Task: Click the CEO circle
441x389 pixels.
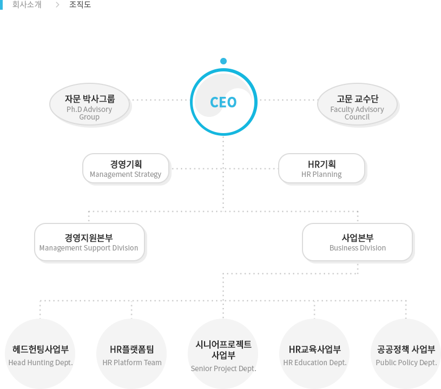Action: click(x=223, y=102)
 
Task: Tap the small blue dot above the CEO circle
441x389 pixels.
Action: click(x=223, y=61)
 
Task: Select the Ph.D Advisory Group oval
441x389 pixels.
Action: click(x=89, y=105)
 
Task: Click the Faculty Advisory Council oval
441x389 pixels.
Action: click(x=357, y=105)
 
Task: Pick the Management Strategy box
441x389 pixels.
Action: click(x=126, y=168)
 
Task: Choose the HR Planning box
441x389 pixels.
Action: click(x=321, y=168)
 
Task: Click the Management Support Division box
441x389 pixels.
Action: click(x=89, y=242)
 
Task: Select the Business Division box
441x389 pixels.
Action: click(x=357, y=242)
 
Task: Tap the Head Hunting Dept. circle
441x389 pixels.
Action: click(x=40, y=354)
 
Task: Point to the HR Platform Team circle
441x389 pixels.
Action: click(x=131, y=354)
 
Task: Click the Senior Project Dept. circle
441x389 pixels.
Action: click(x=223, y=354)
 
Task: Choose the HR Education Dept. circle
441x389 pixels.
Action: click(x=314, y=354)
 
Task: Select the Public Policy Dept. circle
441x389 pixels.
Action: click(x=406, y=354)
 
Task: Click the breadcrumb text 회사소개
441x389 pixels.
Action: click(x=27, y=5)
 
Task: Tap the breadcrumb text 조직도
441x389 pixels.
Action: click(x=80, y=5)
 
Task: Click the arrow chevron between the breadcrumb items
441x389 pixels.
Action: click(x=57, y=5)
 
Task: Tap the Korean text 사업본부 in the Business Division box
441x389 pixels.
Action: click(x=357, y=238)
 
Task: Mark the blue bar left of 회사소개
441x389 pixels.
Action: click(x=2, y=5)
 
